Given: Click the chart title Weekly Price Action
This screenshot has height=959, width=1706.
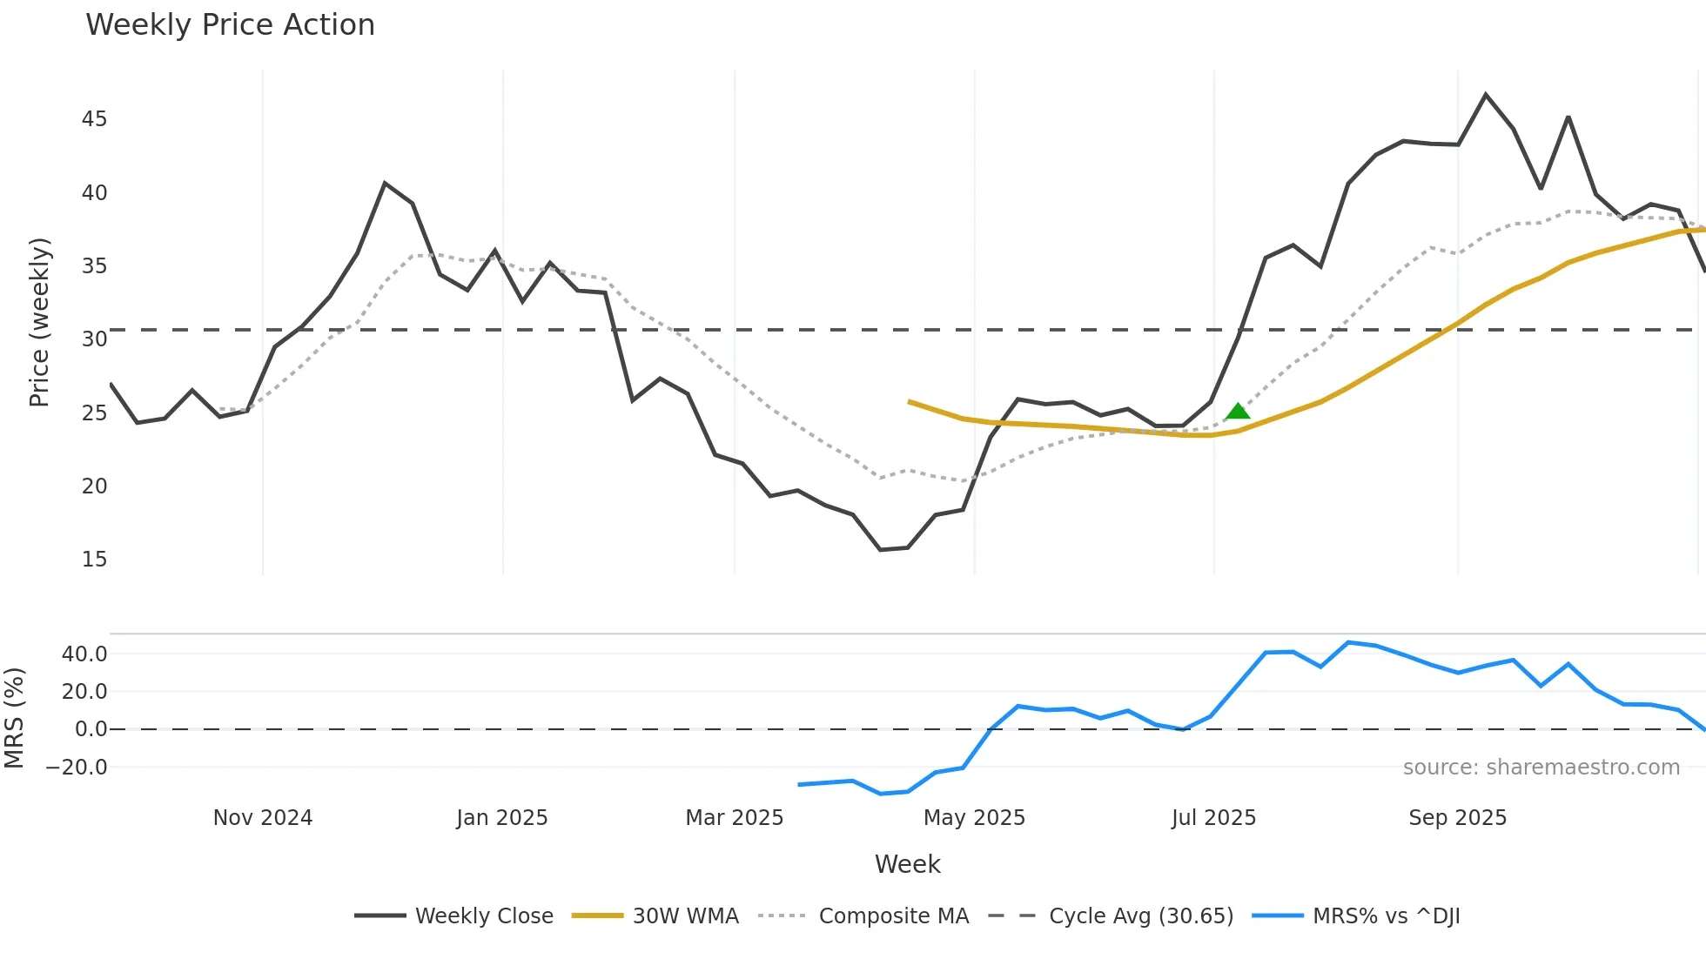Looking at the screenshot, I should (x=230, y=25).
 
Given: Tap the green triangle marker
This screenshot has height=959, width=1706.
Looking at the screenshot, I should (x=1238, y=412).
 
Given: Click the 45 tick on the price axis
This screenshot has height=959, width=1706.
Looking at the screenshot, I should (x=94, y=119).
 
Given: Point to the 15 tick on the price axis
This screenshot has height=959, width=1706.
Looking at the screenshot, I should (x=94, y=560).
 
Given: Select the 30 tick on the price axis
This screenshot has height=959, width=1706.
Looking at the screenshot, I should (x=94, y=339).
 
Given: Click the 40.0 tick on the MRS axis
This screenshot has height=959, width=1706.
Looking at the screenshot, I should (x=84, y=654).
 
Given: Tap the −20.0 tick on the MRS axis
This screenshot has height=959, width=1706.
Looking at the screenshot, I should (x=77, y=768).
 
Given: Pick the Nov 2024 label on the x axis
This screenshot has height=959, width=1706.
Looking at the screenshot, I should (x=263, y=818).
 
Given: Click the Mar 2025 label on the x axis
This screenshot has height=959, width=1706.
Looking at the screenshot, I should (x=735, y=818).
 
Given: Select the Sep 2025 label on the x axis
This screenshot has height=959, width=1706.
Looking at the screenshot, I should (x=1457, y=818).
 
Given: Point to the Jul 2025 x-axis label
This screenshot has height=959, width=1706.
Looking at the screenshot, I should (x=1213, y=818).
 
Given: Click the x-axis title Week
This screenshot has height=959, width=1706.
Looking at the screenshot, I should (x=907, y=864).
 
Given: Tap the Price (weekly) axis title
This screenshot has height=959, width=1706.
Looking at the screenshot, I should (x=40, y=322).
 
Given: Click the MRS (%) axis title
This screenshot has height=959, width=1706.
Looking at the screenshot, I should (x=14, y=718).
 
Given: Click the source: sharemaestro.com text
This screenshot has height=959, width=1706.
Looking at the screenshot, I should (x=1541, y=768).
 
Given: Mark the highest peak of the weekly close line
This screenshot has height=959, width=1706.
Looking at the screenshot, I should (x=1486, y=94).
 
